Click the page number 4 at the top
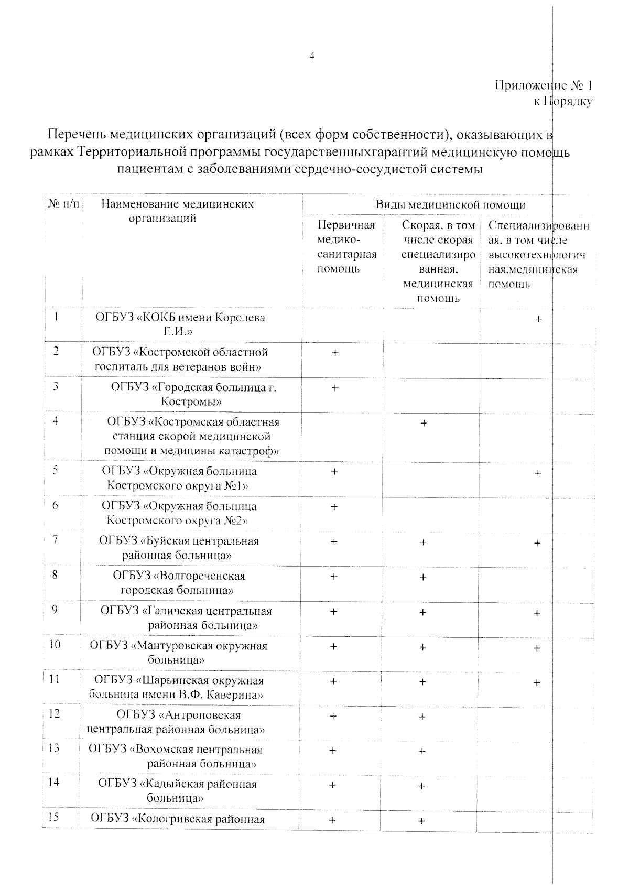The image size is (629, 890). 312,57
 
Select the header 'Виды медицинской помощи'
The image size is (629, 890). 450,204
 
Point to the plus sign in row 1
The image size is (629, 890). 538,319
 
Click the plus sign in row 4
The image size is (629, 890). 424,423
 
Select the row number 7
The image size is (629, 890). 56,540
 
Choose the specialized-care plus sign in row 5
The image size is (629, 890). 537,473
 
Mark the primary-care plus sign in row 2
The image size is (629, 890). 334,353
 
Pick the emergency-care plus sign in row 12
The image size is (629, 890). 422,717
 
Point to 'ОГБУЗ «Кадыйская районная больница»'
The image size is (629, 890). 177,791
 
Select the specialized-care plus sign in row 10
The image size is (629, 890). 537,648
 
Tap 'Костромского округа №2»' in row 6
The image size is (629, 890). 177,520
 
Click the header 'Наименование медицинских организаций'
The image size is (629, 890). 177,211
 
